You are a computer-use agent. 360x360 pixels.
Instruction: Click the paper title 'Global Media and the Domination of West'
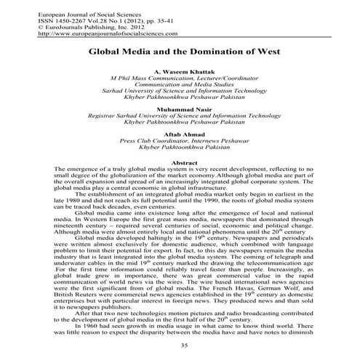(x=180, y=53)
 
